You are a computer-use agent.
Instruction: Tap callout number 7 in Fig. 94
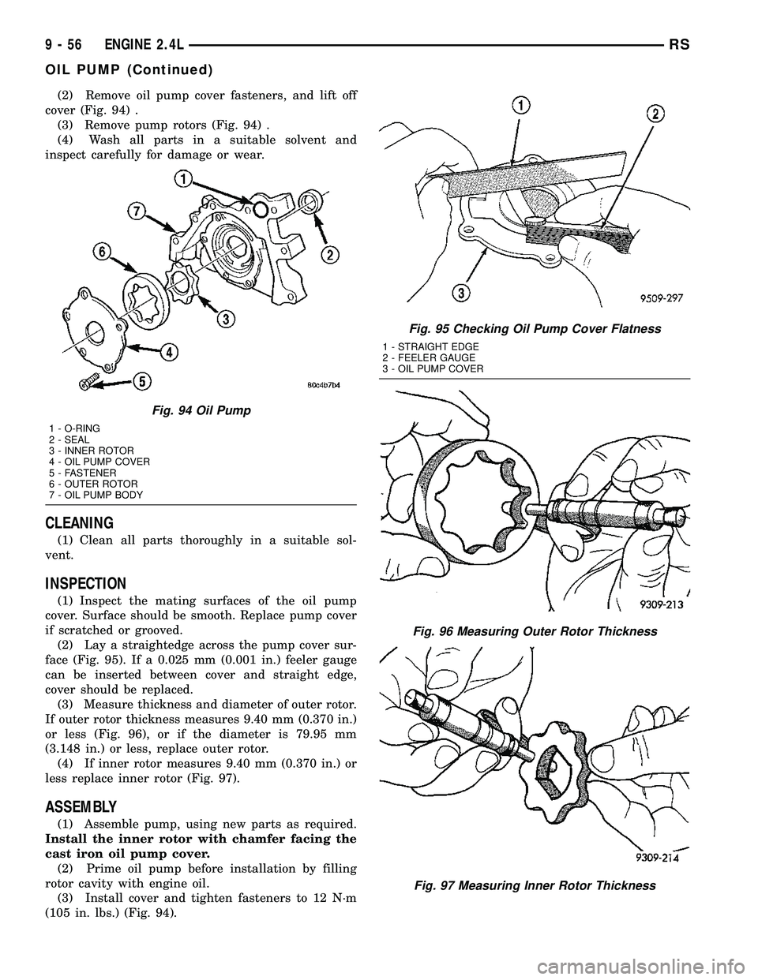pos(138,211)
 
